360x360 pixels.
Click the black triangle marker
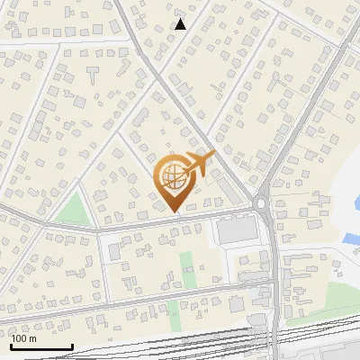coord(180,24)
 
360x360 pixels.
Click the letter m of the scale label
coord(33,339)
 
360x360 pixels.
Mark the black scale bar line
coord(40,346)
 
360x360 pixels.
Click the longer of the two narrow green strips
coord(187,269)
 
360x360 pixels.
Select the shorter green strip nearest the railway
coord(173,312)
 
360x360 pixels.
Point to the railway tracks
coord(180,343)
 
